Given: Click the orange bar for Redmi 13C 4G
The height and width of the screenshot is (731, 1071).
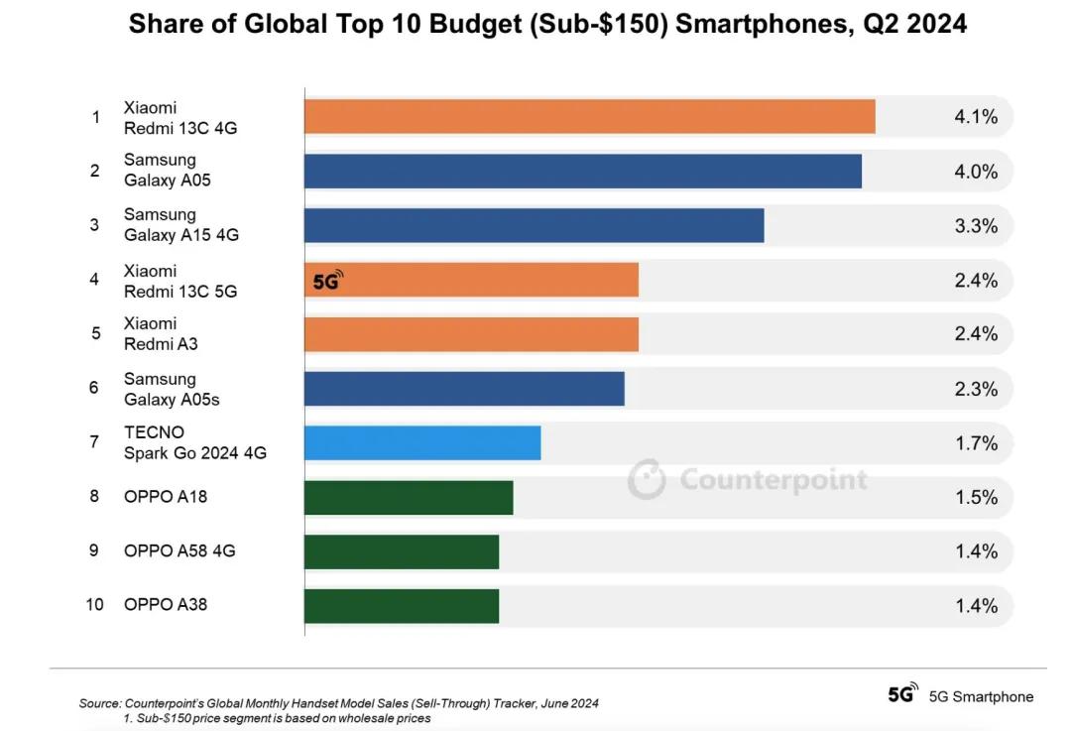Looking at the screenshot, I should coord(589,116).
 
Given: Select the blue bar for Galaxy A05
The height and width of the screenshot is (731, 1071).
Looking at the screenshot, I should coord(582,171).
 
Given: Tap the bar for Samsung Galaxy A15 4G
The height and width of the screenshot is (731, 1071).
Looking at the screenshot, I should coord(534,225).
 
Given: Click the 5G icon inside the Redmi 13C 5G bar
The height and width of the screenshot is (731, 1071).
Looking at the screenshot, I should coord(327,280).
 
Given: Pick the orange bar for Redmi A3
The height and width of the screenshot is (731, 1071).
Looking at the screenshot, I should coord(471,334).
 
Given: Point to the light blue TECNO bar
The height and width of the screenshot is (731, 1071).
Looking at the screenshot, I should coord(422,443).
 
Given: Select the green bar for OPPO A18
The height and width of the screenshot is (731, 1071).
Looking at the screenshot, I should coord(409,498).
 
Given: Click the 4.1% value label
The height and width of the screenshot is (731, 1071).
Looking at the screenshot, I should coord(976,117).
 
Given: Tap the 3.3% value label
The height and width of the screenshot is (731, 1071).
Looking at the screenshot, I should coord(976,226).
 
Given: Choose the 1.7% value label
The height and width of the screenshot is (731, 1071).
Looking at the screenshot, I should coord(976,443).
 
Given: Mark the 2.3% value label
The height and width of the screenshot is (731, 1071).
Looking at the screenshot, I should coord(976,389).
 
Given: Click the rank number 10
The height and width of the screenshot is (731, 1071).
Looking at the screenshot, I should coord(94,604).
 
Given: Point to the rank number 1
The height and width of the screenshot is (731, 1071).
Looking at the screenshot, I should coord(95,117).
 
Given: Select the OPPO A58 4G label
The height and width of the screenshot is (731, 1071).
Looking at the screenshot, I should coord(179,550).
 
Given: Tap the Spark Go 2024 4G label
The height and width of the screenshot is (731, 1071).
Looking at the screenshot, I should coord(195,452).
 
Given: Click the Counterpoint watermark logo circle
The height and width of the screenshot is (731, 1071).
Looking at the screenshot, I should coord(647,478).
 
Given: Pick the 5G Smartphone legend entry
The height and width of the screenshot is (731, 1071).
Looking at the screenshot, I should coord(960,696).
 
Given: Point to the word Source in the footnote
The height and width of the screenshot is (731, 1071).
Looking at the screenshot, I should coord(100,703).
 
